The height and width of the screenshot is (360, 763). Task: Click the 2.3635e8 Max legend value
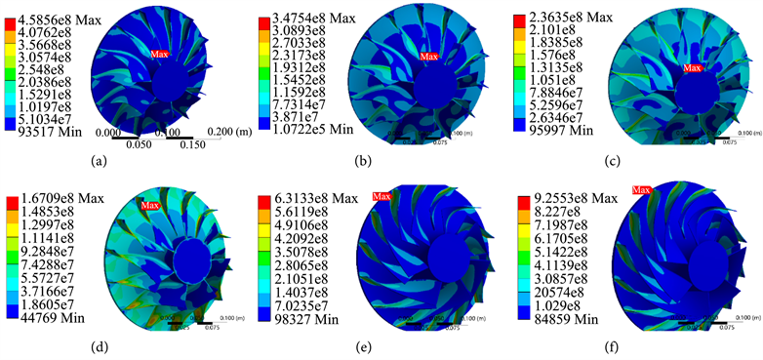click(560, 12)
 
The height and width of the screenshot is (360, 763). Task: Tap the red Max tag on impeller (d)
click(149, 205)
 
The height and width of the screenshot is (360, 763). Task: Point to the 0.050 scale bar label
click(130, 145)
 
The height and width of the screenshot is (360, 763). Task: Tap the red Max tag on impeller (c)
click(692, 67)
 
